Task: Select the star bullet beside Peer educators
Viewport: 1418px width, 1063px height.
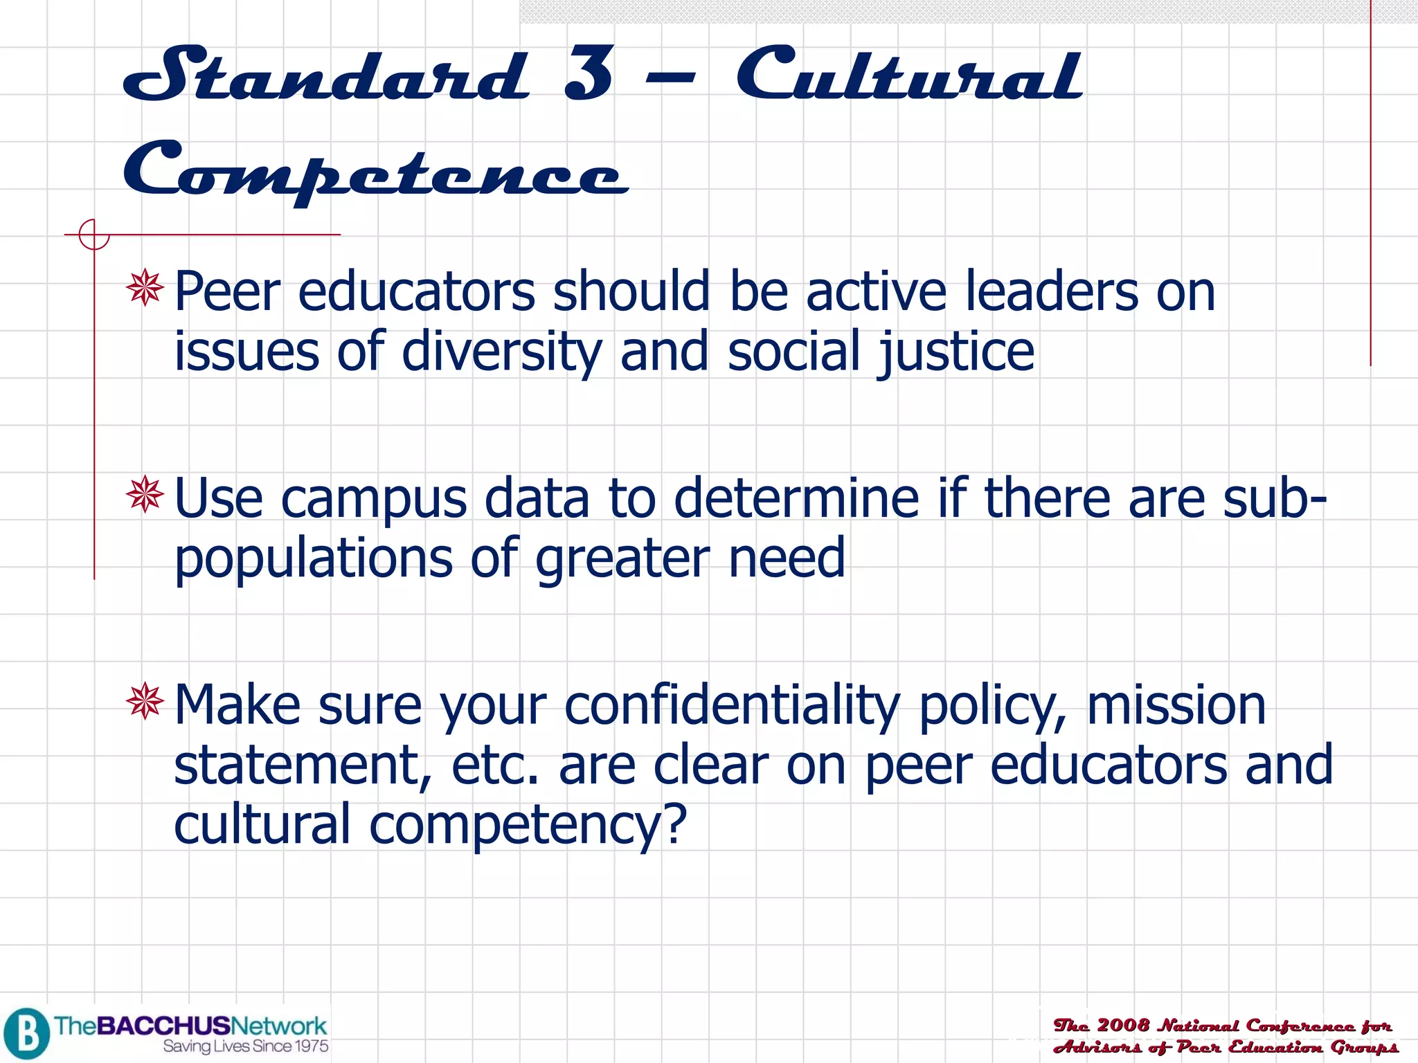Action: point(145,288)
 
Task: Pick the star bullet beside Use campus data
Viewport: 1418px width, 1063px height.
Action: point(145,494)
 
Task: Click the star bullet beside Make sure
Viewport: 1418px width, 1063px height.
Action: point(145,701)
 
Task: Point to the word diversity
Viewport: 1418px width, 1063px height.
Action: point(502,352)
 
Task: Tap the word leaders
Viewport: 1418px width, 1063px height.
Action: point(1052,291)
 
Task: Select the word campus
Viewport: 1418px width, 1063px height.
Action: point(374,499)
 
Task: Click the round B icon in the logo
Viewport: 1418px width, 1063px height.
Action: point(26,1033)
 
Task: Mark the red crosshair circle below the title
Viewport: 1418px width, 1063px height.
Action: point(93,235)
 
